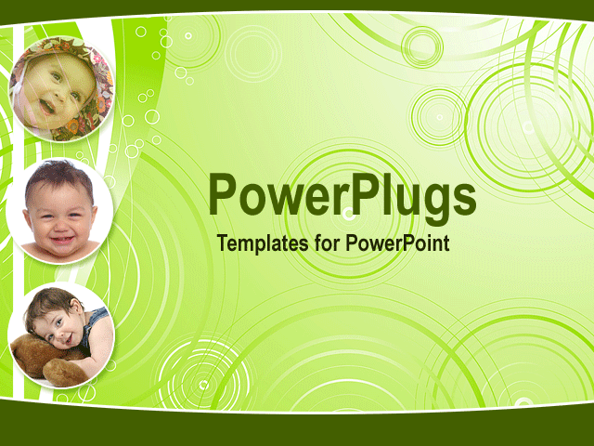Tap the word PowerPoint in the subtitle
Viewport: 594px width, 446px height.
pos(398,244)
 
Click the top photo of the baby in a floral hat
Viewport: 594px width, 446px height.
pos(61,88)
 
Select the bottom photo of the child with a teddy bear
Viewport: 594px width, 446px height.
pos(61,334)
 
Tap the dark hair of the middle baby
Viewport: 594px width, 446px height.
pos(58,173)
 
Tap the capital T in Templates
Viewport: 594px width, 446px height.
pos(222,244)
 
